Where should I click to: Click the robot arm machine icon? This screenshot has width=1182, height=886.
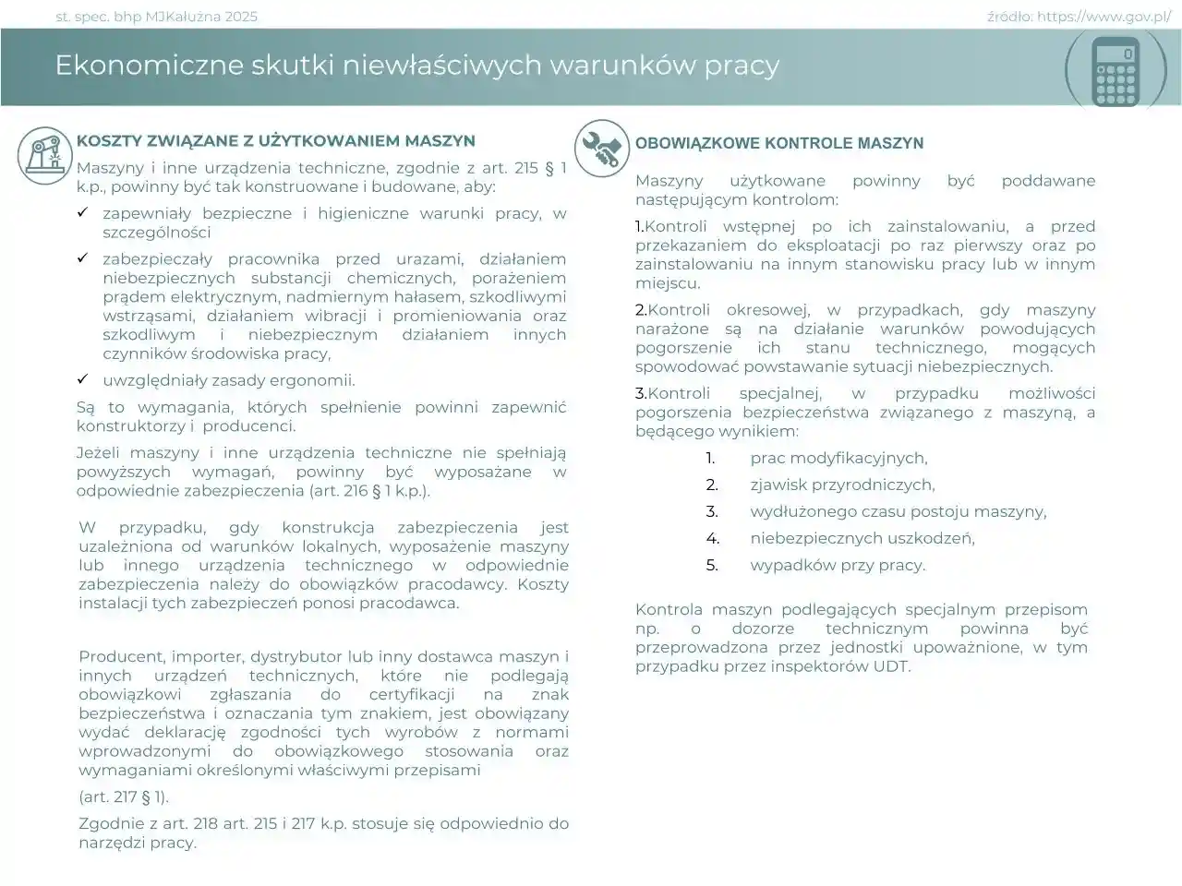click(44, 153)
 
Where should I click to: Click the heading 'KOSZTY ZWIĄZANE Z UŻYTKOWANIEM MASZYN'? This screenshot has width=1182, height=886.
click(276, 141)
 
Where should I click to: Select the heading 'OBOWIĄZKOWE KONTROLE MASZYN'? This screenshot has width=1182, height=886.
click(779, 144)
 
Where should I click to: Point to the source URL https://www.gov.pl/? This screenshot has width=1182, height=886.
click(1104, 17)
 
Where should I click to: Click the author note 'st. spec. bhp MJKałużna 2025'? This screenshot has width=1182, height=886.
click(157, 17)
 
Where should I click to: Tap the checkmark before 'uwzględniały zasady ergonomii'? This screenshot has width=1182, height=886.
click(82, 379)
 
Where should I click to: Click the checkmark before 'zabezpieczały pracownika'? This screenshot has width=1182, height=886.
click(82, 258)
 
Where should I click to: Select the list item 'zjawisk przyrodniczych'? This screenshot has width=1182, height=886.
click(842, 485)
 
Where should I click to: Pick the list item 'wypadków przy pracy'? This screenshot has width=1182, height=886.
click(838, 565)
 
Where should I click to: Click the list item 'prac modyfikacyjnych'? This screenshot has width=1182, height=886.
click(838, 458)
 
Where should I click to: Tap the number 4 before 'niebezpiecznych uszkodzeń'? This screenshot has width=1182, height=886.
click(712, 538)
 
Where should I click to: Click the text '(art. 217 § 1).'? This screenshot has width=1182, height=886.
click(124, 796)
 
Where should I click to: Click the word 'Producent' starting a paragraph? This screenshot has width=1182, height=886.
click(115, 657)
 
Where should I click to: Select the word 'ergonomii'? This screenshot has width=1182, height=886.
click(319, 380)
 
